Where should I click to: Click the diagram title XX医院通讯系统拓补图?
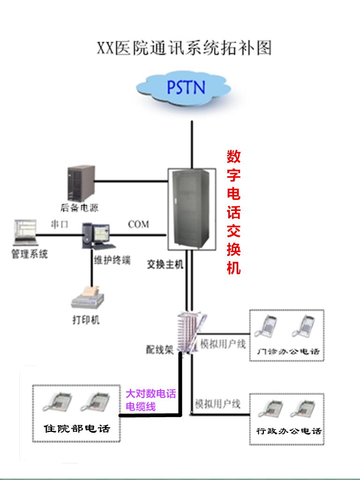click(184, 48)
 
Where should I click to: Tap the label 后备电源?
click(79, 207)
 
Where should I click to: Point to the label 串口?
click(60, 225)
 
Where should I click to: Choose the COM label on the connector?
click(138, 225)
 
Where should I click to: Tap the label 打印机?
click(86, 321)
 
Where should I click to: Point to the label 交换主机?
click(165, 264)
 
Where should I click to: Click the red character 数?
click(233, 157)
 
